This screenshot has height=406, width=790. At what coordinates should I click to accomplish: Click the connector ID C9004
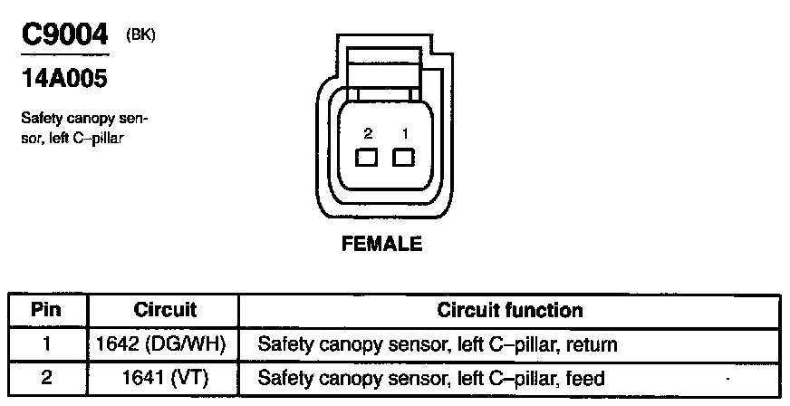click(x=64, y=36)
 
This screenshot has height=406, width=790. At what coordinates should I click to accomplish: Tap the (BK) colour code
click(x=141, y=35)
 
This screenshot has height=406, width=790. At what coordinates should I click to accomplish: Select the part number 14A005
click(x=63, y=80)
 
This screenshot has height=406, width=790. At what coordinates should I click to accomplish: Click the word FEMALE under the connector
click(x=381, y=245)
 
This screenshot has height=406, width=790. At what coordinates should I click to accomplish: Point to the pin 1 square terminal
click(x=403, y=158)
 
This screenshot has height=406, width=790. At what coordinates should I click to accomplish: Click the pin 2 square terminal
click(x=367, y=158)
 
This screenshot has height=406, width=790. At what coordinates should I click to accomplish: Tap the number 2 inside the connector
click(x=368, y=133)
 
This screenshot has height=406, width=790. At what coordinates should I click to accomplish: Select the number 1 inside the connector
click(x=405, y=133)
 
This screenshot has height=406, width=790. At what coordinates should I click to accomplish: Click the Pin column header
click(x=45, y=310)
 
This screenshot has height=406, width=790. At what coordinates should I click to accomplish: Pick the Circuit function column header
click(x=510, y=310)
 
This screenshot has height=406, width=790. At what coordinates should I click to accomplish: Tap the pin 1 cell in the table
click(x=45, y=344)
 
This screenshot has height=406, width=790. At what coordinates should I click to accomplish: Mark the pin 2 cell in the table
click(x=45, y=378)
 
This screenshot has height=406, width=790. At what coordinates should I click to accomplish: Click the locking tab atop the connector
click(x=384, y=71)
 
